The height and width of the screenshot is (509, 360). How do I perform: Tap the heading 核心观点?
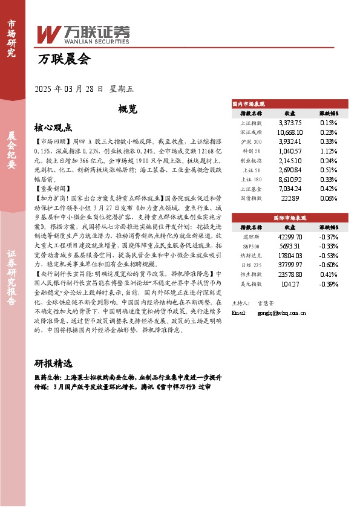tap(53, 128)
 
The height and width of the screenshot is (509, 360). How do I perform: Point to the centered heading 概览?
tap(128, 109)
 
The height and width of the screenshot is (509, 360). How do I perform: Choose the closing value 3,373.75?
tap(290, 122)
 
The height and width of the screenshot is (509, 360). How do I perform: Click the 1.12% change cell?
tap(329, 151)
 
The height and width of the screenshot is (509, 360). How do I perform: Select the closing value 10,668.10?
tap(290, 131)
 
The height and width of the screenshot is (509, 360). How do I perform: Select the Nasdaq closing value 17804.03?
tap(290, 256)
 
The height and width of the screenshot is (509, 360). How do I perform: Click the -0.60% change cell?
tap(329, 265)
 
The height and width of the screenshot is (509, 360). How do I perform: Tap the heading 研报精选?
tap(53, 364)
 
